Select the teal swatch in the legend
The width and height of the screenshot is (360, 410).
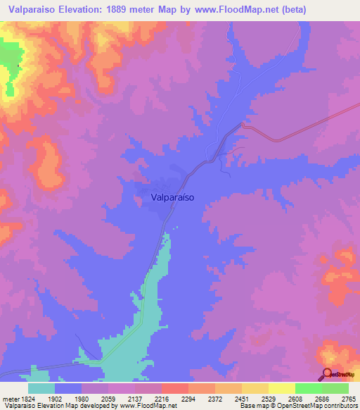point(41,388)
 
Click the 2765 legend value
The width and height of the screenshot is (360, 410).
point(349,398)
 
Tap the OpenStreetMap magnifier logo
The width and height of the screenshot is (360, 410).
point(327,374)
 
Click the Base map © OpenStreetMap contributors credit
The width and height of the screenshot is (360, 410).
point(298,406)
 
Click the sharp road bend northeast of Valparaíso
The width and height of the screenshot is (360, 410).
point(243,125)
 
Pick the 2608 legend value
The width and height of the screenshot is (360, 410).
point(295,398)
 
